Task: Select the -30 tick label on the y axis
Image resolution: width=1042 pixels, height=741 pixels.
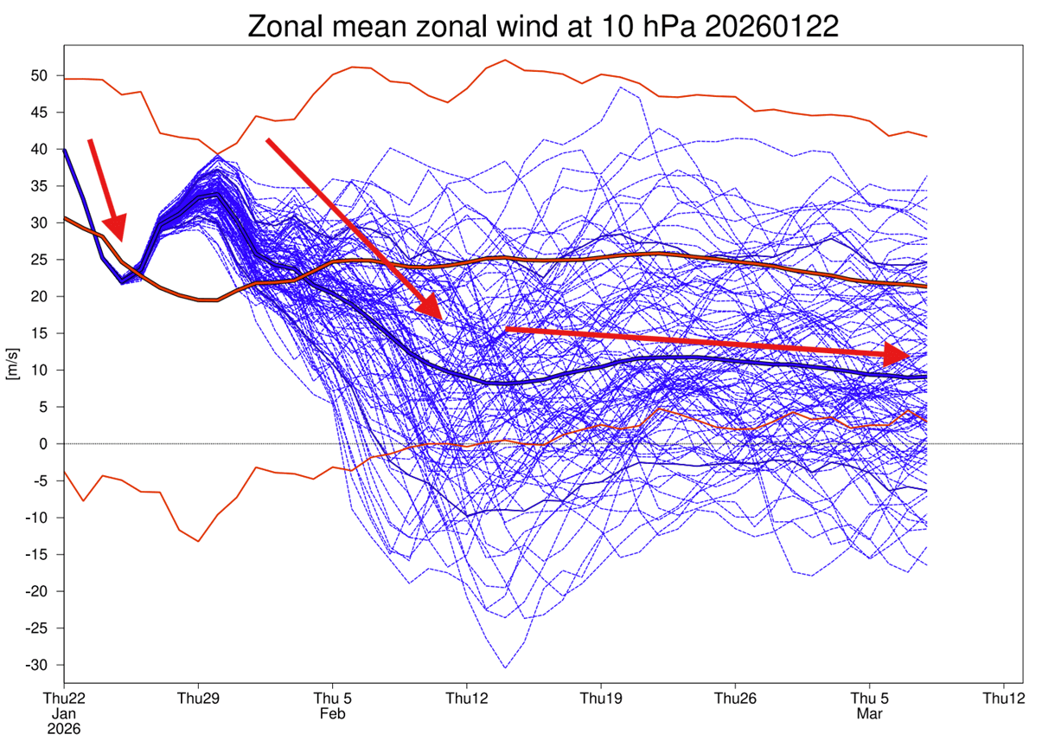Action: (x=33, y=665)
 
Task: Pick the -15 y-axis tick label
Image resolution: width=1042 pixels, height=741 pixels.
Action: (x=33, y=555)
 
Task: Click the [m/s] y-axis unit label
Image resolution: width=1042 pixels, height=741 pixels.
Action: (x=11, y=364)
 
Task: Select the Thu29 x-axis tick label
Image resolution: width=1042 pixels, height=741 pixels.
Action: (x=199, y=699)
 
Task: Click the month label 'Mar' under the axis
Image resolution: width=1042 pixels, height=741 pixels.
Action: (x=869, y=714)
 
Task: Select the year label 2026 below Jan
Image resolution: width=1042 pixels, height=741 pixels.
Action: (x=65, y=729)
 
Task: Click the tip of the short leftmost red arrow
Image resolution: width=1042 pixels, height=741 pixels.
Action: (x=119, y=240)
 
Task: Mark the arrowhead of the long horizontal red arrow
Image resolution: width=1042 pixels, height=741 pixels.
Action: (x=908, y=355)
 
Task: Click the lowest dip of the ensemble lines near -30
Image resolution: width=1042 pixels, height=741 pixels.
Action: (x=506, y=667)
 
